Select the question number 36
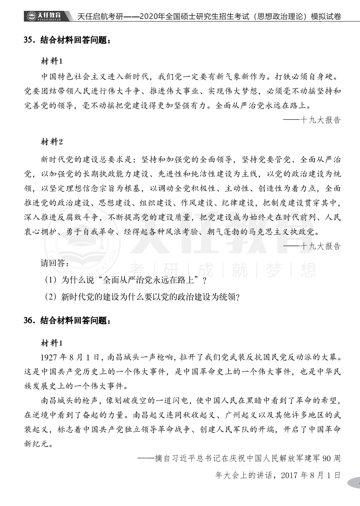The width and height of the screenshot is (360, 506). click(29, 322)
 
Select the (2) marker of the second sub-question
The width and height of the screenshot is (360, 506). click(52, 297)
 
